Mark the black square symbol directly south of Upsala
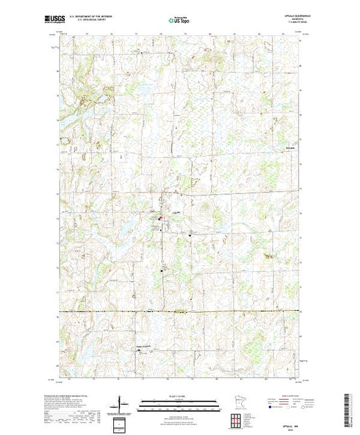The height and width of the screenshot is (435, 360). [x=163, y=270]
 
